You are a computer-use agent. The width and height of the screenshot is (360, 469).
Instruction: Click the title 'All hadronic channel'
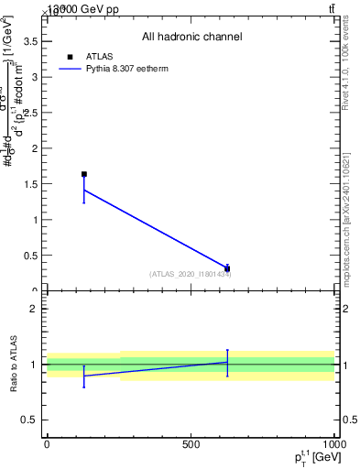click(191, 37)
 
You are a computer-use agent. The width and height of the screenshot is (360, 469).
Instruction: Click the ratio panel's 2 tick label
click(33, 309)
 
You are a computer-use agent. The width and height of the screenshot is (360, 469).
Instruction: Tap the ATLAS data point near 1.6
click(84, 174)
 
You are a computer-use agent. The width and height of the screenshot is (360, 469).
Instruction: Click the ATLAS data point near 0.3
click(227, 269)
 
